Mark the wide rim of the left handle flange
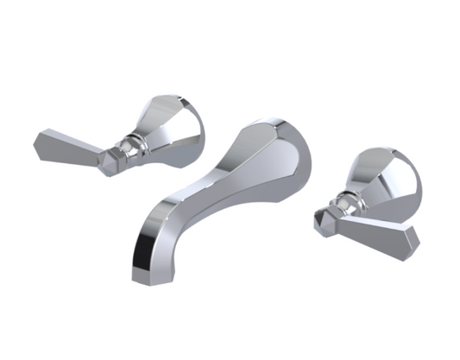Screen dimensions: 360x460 (192, 129)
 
